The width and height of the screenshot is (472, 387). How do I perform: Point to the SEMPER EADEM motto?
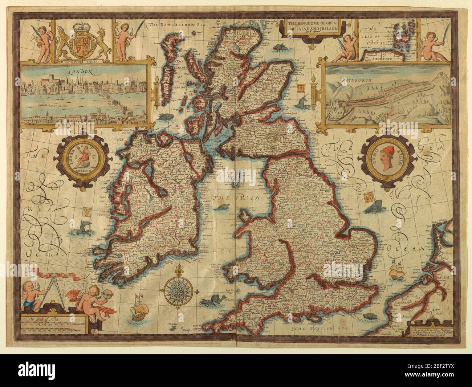click(x=83, y=61)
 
